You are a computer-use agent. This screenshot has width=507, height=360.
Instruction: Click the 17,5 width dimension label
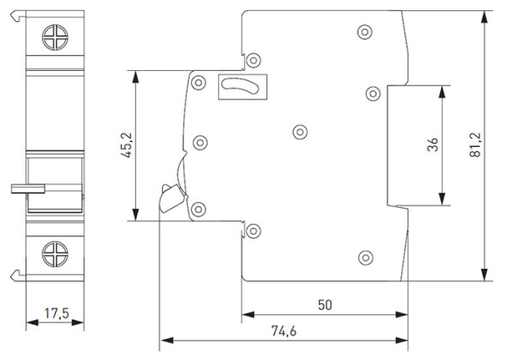click(57, 314)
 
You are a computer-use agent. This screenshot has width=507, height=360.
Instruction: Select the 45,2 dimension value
click(127, 145)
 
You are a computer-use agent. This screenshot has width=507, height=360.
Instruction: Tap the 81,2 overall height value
click(475, 145)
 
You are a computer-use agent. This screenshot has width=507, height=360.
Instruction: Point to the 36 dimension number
click(433, 145)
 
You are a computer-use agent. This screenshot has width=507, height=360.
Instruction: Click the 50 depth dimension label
click(324, 305)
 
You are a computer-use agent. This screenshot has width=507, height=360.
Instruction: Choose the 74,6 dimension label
click(284, 331)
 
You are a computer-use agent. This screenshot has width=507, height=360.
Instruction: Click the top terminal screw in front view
click(55, 37)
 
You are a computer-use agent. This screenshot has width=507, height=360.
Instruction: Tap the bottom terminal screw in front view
click(55, 254)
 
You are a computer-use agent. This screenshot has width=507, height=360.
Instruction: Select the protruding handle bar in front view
click(28, 188)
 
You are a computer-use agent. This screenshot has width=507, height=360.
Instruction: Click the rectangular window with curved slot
click(243, 87)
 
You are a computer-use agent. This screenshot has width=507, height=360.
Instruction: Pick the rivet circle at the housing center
click(300, 132)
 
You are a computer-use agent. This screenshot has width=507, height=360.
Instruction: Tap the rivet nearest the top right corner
click(365, 32)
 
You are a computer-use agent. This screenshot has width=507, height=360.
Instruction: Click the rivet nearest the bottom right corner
click(366, 258)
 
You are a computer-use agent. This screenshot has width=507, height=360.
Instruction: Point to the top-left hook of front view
click(18, 16)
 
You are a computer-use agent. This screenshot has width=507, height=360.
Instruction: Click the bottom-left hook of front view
click(18, 275)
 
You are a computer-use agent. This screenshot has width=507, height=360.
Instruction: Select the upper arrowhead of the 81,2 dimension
click(484, 17)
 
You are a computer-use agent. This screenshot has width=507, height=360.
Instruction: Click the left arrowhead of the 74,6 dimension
click(167, 341)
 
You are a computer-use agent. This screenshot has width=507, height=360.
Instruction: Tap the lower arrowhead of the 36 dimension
click(442, 199)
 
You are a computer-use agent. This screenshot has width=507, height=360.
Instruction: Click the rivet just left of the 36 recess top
click(373, 94)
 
